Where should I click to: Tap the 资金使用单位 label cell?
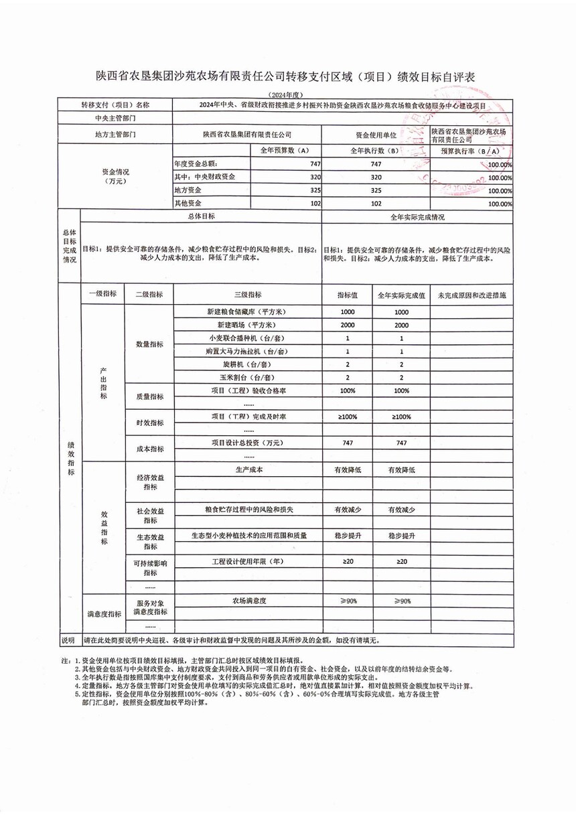[375, 134]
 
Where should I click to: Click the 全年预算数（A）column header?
[286, 151]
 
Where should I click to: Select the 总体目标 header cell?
[201, 217]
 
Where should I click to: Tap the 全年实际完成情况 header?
[417, 218]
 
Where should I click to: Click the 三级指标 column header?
[248, 295]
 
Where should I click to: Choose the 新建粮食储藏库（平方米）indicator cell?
[248, 312]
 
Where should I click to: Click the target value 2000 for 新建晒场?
[348, 325]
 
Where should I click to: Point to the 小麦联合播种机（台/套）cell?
[248, 338]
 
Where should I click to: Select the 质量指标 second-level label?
[149, 396]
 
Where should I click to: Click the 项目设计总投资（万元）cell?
[248, 443]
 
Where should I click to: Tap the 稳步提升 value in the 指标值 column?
[348, 536]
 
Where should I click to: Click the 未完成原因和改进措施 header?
[472, 295]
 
